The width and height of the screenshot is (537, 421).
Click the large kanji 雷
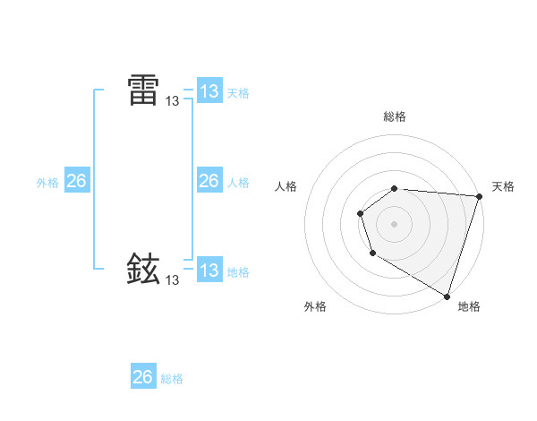(x=143, y=90)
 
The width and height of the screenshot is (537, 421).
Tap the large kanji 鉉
(x=143, y=268)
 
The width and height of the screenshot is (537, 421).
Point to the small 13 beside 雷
(x=172, y=102)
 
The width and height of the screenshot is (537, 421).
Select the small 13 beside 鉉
(x=172, y=280)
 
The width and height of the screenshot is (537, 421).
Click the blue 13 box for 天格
(x=209, y=91)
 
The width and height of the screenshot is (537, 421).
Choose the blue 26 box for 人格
(x=209, y=181)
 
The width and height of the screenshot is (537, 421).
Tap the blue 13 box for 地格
(x=209, y=270)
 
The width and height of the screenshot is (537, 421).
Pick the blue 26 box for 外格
(x=76, y=181)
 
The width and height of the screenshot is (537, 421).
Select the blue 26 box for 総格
(x=142, y=377)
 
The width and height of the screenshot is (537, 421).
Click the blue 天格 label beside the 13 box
(x=238, y=93)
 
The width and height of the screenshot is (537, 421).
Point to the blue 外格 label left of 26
(x=47, y=183)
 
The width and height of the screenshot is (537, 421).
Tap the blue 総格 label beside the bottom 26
(x=172, y=379)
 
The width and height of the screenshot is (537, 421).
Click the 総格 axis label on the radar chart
(x=395, y=117)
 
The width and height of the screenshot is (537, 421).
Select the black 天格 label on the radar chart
(x=503, y=186)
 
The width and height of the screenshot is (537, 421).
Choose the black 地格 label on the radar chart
(x=469, y=306)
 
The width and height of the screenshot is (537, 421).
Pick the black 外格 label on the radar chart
(x=315, y=306)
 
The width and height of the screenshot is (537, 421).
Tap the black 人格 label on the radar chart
(x=286, y=186)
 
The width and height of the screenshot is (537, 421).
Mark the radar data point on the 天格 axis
(x=479, y=197)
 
